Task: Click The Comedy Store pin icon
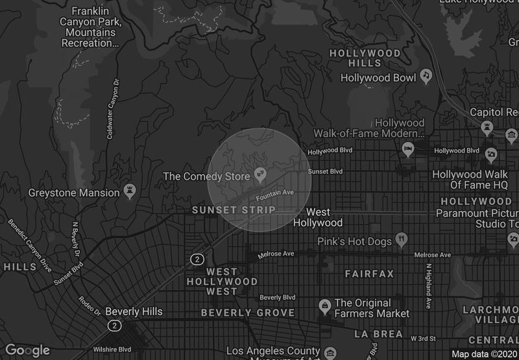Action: click(260, 174)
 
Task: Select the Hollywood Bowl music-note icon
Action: click(426, 76)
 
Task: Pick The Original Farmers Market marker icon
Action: click(324, 305)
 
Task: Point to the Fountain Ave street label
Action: click(274, 194)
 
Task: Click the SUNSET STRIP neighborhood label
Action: click(234, 210)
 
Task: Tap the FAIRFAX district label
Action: click(369, 274)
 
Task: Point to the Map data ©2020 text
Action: click(483, 354)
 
